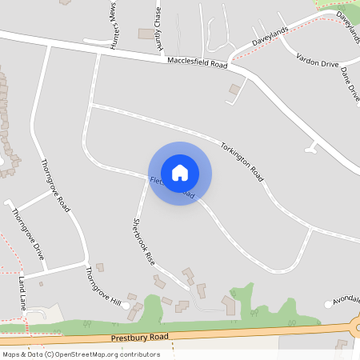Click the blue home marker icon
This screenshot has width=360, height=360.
[180, 173]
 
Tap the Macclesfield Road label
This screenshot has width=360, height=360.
[198, 62]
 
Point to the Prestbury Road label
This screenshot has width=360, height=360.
[141, 338]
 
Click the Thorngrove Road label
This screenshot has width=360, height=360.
[55, 185]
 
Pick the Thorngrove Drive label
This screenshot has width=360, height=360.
[27, 234]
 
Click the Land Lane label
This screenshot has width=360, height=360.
[22, 294]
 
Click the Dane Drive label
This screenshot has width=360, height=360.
[350, 83]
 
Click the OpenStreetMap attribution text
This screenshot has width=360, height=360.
[81, 354]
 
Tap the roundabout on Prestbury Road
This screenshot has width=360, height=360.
[357, 328]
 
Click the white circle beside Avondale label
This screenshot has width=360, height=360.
[328, 303]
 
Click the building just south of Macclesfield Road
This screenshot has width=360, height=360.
[234, 89]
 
